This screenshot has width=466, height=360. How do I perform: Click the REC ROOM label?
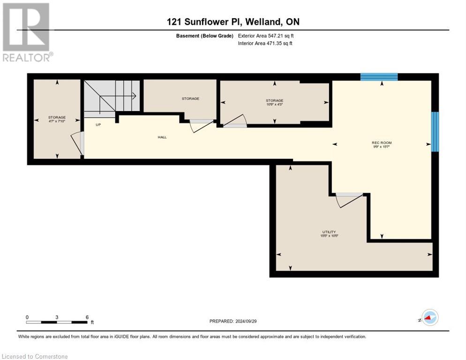click(382, 142)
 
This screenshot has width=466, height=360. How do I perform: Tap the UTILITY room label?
click(329, 232)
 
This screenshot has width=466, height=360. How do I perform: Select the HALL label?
click(162, 137)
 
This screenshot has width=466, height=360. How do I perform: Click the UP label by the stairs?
click(98, 125)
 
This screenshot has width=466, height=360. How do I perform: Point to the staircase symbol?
click(112, 96)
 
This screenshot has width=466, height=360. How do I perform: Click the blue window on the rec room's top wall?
click(379, 77)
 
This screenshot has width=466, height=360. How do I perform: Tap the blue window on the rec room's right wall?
click(435, 132)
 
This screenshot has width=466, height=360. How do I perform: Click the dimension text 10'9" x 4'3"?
click(274, 105)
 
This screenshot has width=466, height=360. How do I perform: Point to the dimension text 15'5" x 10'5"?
click(329, 236)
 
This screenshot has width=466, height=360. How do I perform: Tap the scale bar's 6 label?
click(87, 317)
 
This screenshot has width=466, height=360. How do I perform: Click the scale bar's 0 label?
click(27, 317)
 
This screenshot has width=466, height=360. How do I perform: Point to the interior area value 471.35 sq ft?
click(280, 44)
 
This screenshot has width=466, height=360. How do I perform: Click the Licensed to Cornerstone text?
click(35, 357)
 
